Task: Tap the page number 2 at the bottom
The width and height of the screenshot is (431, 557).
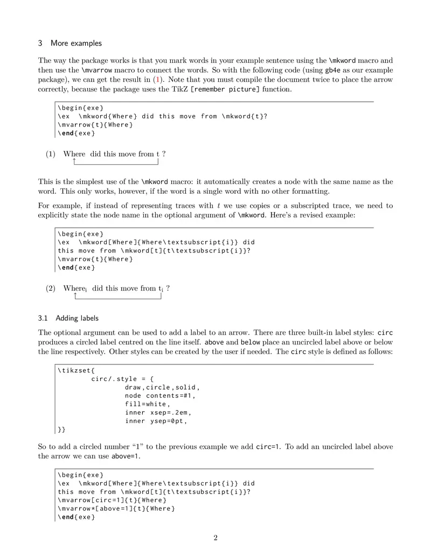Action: (x=215, y=538)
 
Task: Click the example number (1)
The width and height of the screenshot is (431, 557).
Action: (x=51, y=154)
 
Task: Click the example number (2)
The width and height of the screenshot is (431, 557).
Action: (x=51, y=288)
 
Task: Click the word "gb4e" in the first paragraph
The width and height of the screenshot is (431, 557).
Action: (x=332, y=70)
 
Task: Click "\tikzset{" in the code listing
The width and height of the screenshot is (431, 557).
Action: (x=76, y=370)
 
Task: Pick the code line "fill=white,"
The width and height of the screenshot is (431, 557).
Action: (x=147, y=404)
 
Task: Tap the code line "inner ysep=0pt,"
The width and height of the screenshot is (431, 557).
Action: (x=156, y=421)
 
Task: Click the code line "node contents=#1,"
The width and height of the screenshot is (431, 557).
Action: (x=160, y=396)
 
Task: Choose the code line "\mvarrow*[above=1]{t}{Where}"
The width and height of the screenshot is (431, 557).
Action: (x=116, y=509)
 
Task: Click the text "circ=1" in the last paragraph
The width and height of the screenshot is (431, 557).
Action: (x=267, y=447)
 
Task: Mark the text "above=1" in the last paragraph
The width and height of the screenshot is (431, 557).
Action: (x=125, y=456)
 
